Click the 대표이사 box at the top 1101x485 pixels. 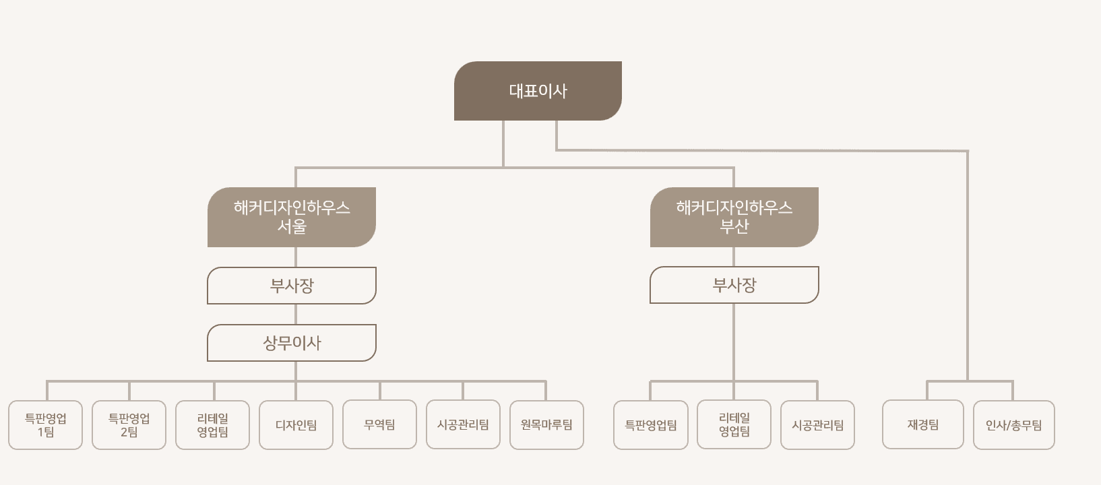click(x=538, y=91)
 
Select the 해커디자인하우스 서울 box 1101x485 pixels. click(x=292, y=217)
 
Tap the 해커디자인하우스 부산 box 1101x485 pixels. click(x=734, y=217)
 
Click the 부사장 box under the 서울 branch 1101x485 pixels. click(x=292, y=286)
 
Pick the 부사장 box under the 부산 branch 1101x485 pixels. click(x=734, y=285)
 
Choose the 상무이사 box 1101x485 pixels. click(x=292, y=343)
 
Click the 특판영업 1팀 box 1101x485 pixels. click(x=46, y=425)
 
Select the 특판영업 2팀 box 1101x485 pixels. click(x=129, y=425)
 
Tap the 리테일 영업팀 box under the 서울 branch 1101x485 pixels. click(x=213, y=425)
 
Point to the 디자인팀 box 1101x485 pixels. click(x=296, y=425)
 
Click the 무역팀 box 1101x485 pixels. click(x=379, y=424)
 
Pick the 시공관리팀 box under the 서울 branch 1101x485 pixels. click(x=463, y=424)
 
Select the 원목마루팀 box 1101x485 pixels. click(x=546, y=425)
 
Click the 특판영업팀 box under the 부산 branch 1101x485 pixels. click(x=651, y=425)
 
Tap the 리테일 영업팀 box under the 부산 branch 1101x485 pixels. click(x=734, y=425)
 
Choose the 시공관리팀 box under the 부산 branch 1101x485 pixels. click(x=817, y=425)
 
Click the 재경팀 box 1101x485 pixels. click(x=923, y=424)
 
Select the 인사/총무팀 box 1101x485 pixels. click(x=1013, y=425)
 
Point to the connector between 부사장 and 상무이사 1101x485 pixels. click(x=296, y=315)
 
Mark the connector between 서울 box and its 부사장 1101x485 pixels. click(x=296, y=257)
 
